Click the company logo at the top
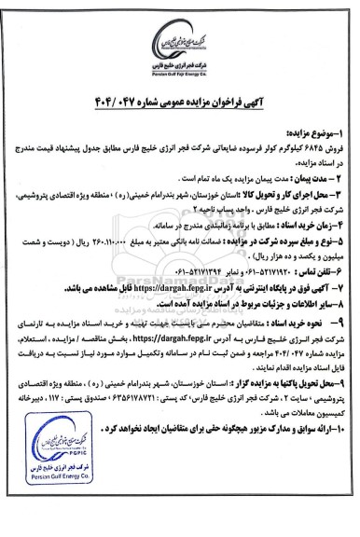[180, 28]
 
